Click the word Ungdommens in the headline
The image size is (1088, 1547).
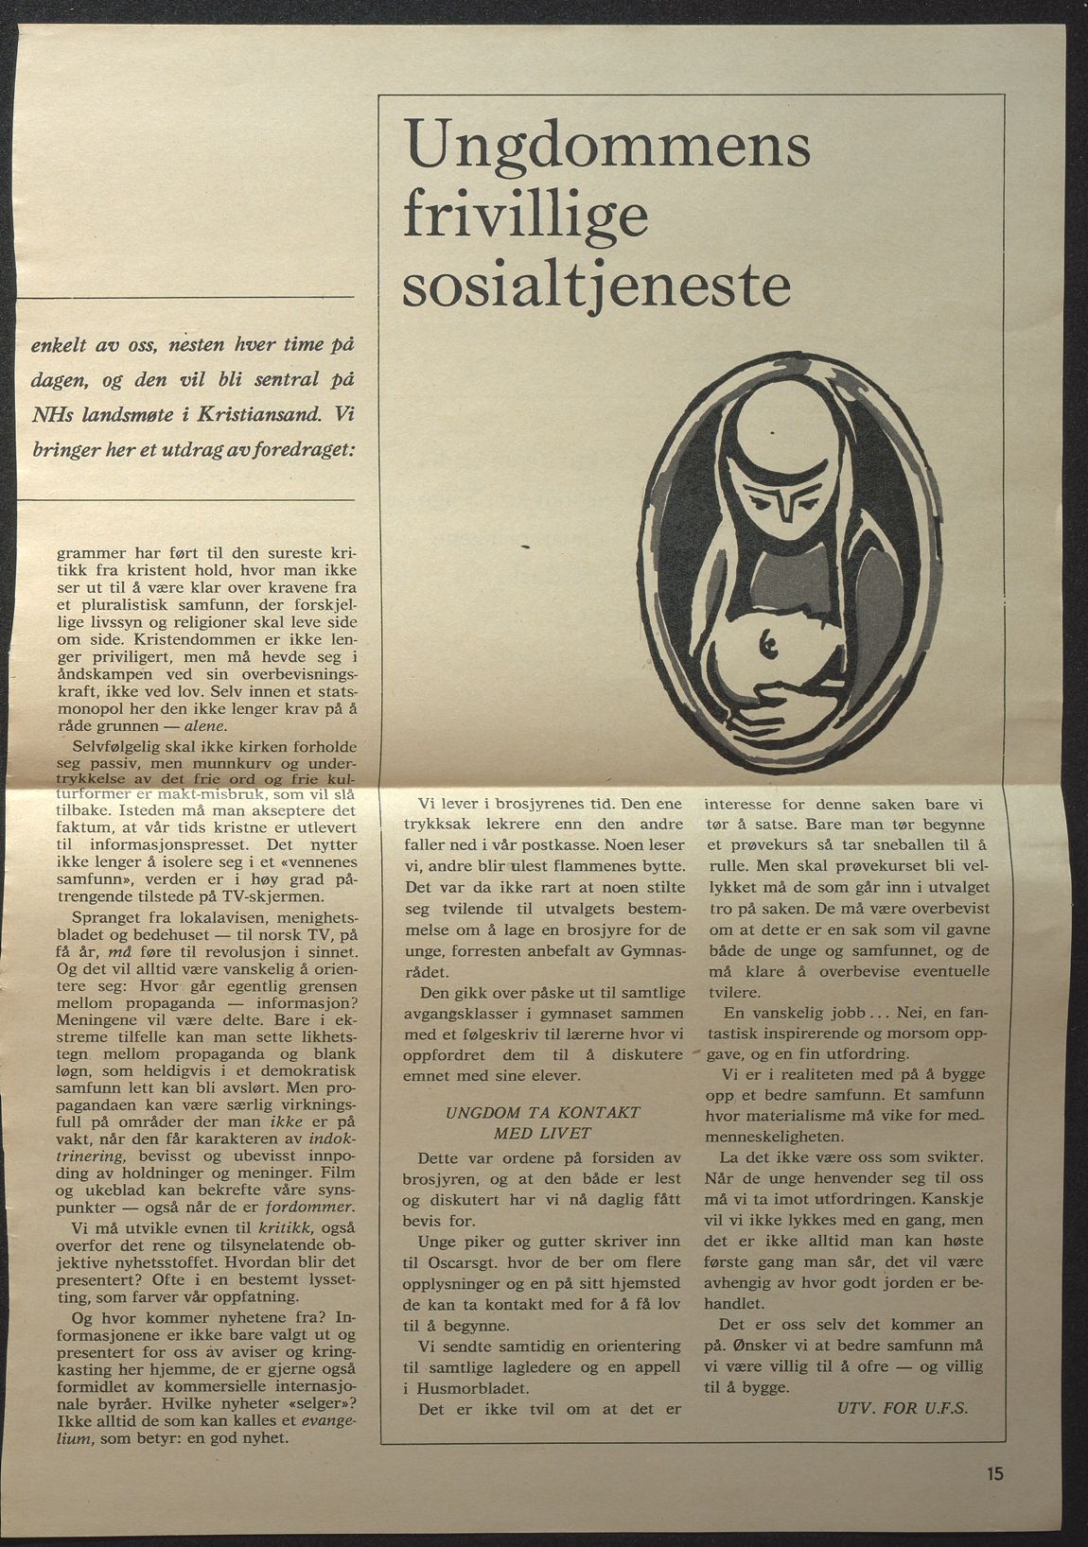pyautogui.click(x=606, y=145)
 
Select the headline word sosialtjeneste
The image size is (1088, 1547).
pyautogui.click(x=596, y=287)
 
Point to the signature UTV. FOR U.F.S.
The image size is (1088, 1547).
pyautogui.click(x=903, y=1408)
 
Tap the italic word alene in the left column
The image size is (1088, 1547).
pyautogui.click(x=203, y=726)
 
